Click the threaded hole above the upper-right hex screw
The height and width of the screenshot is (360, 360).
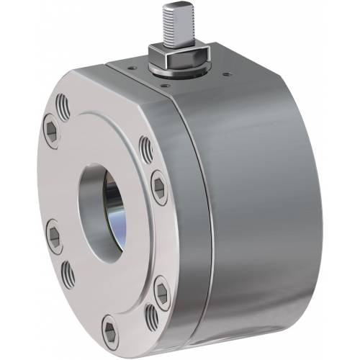[x=146, y=149]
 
